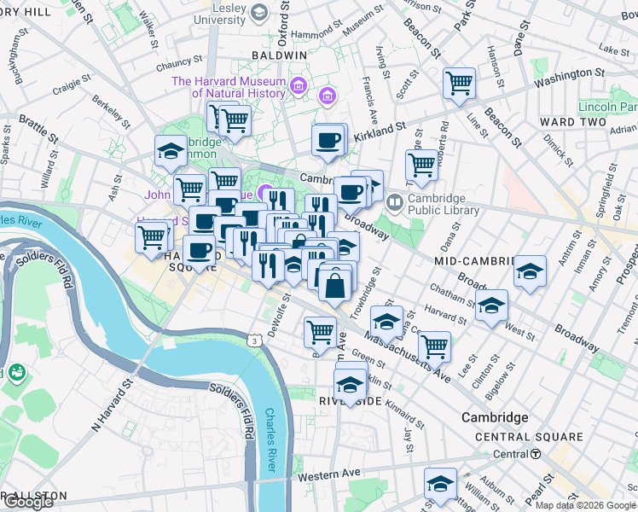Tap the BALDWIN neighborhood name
[x=279, y=55]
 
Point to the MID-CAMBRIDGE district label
[x=473, y=260]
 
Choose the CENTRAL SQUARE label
[x=529, y=437]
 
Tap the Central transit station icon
[x=535, y=454]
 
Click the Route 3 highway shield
[x=254, y=340]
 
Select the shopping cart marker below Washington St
[x=459, y=84]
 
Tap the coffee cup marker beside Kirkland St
[x=327, y=141]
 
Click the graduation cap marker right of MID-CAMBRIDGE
[x=530, y=271]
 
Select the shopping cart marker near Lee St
[x=435, y=346]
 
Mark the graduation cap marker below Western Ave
[x=441, y=483]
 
